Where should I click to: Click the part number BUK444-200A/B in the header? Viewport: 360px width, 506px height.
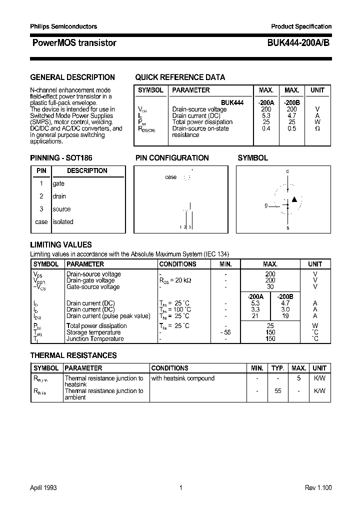[x=295, y=43]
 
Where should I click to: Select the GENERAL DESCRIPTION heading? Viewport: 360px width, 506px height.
[x=72, y=77]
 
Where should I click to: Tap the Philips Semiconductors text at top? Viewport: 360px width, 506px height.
[x=63, y=26]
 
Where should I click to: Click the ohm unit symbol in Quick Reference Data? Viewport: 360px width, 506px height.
[x=317, y=128]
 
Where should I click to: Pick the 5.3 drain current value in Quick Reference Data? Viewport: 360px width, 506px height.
[x=266, y=115]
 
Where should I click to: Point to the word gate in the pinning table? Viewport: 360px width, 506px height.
[x=58, y=183]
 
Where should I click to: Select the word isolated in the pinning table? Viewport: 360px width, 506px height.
[x=63, y=222]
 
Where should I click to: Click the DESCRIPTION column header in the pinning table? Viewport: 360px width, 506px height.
[x=87, y=171]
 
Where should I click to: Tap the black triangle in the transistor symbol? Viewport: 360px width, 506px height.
[x=294, y=199]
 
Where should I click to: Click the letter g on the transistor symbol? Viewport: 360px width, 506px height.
[x=266, y=205]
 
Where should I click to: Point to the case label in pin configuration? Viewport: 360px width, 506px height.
[x=170, y=177]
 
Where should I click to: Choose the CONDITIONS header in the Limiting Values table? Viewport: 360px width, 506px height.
[x=177, y=264]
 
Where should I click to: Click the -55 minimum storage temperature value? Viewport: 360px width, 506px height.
[x=225, y=332]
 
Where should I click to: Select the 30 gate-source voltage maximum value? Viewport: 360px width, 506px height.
[x=270, y=287]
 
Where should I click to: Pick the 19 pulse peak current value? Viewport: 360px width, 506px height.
[x=285, y=316]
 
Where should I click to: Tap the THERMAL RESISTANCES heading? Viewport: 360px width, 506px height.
[x=73, y=355]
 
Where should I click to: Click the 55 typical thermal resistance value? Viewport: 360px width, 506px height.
[x=277, y=391]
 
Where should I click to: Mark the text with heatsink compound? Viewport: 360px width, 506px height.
[x=182, y=378]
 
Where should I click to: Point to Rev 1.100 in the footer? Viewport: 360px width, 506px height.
[x=318, y=488]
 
